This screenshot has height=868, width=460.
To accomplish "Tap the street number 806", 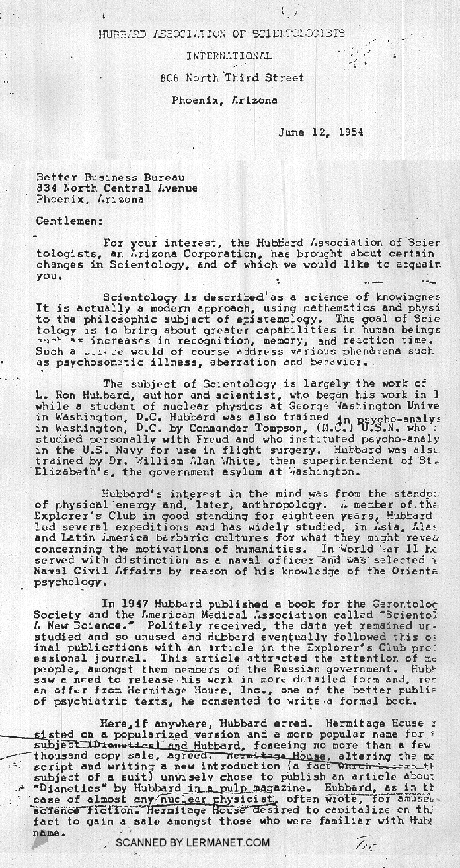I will coord(170,77).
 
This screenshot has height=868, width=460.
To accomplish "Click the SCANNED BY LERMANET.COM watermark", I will coord(192,842).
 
